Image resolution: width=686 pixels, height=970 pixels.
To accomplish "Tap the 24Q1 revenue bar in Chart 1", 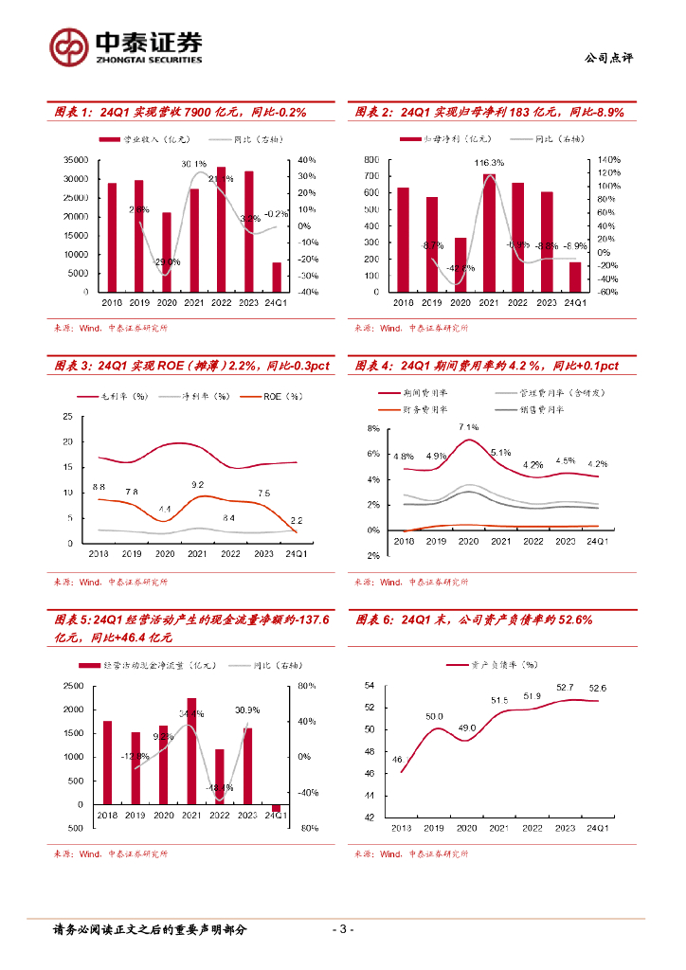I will point(277,278).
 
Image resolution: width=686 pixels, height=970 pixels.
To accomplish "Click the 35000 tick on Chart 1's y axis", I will point(78,160).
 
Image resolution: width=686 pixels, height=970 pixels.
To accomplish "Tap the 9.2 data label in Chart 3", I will point(197,485).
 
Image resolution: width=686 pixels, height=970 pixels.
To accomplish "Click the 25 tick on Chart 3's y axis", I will point(66,417).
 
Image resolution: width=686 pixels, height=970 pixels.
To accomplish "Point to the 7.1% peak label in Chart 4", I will point(468,427).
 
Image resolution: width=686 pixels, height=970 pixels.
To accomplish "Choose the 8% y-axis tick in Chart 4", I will point(372,430).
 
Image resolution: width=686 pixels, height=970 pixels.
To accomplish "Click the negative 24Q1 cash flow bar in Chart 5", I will point(277,808).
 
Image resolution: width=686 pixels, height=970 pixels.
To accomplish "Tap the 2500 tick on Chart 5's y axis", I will point(72,686).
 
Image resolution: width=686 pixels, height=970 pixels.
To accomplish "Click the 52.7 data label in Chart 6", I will point(565,688).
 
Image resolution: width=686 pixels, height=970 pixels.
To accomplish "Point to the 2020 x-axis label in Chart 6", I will point(465,827).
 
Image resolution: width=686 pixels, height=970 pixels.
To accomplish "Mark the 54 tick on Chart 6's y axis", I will point(370,686).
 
